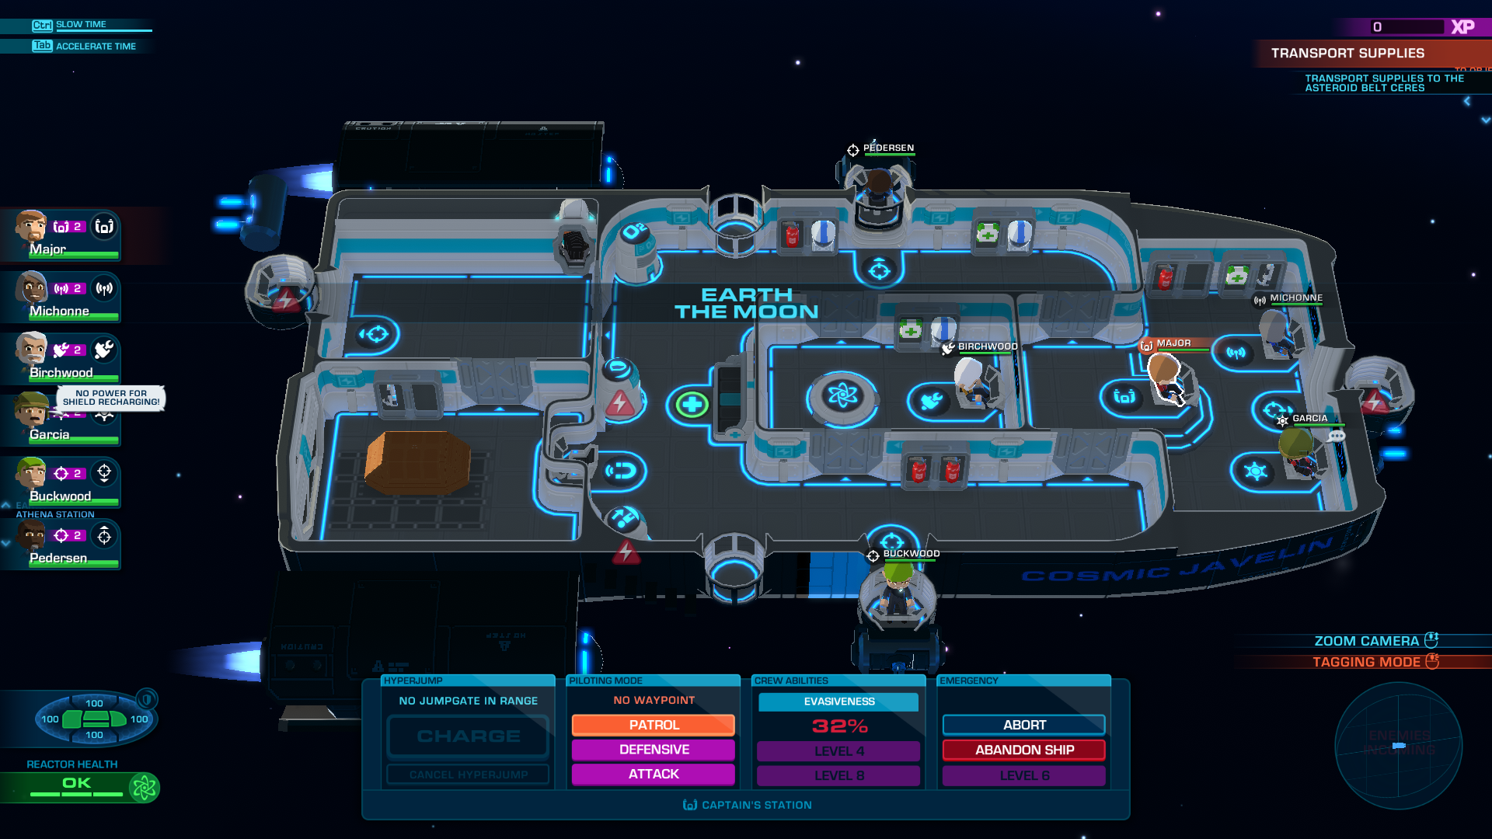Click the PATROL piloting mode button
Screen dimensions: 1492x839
(x=654, y=725)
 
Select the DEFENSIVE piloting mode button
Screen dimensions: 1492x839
(x=654, y=750)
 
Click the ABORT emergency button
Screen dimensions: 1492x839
(x=1023, y=725)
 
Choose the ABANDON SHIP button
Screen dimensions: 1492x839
(x=1023, y=750)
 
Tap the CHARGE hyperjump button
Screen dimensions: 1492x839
(x=469, y=736)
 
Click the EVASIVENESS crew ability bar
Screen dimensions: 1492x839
(x=838, y=701)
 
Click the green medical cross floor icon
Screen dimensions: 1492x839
(x=691, y=404)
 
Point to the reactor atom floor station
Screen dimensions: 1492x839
(x=842, y=396)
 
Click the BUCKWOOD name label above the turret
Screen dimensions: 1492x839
(x=911, y=554)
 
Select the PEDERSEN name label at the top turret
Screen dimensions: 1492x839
(x=888, y=148)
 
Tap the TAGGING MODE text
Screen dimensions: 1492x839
(x=1365, y=662)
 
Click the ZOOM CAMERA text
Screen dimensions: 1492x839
(x=1365, y=641)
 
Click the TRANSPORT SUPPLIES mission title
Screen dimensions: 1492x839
(x=1347, y=53)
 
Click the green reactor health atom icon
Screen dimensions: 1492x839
(x=144, y=788)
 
